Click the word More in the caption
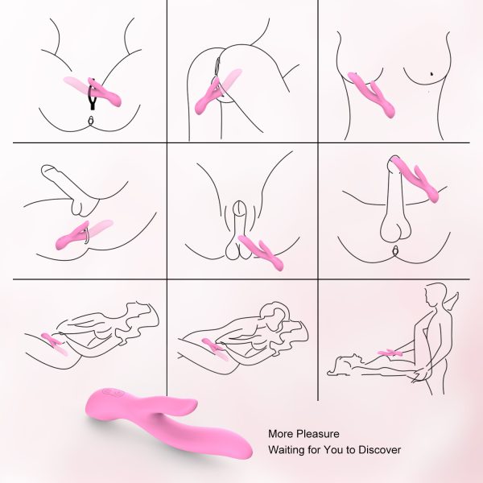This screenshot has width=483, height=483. pyautogui.click(x=281, y=434)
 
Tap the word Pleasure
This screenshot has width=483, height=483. pyautogui.click(x=318, y=434)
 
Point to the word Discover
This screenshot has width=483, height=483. pyautogui.click(x=380, y=450)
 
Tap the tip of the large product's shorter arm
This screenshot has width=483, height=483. pyautogui.click(x=195, y=402)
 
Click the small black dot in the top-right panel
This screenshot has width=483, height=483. pyautogui.click(x=431, y=74)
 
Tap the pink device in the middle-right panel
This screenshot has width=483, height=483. pyautogui.click(x=416, y=179)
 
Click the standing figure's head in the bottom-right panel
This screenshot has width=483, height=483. pyautogui.click(x=436, y=293)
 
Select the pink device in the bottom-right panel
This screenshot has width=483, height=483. pyautogui.click(x=391, y=352)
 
